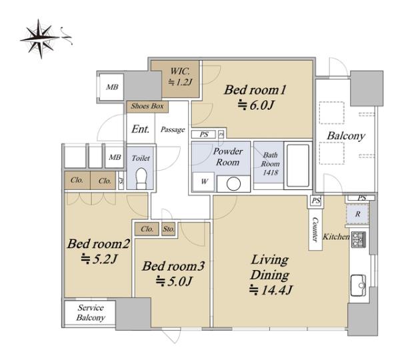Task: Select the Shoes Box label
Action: (x=147, y=106)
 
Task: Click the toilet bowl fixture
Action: (x=141, y=179)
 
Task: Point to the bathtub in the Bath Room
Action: (x=298, y=165)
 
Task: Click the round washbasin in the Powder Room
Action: (x=233, y=184)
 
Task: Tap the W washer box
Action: (x=203, y=181)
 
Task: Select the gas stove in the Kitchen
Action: (x=359, y=239)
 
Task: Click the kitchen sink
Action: (x=358, y=285)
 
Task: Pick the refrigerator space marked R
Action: (x=357, y=214)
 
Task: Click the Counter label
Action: (x=315, y=229)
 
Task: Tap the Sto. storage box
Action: (x=169, y=229)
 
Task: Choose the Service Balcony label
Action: (x=91, y=313)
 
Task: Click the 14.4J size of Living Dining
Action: (x=271, y=290)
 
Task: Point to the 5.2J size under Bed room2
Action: (x=99, y=259)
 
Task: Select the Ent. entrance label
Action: (x=140, y=129)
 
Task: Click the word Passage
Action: (x=173, y=129)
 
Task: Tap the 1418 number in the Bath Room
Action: (x=270, y=173)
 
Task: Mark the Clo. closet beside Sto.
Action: (x=147, y=229)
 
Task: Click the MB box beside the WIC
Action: (x=112, y=87)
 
